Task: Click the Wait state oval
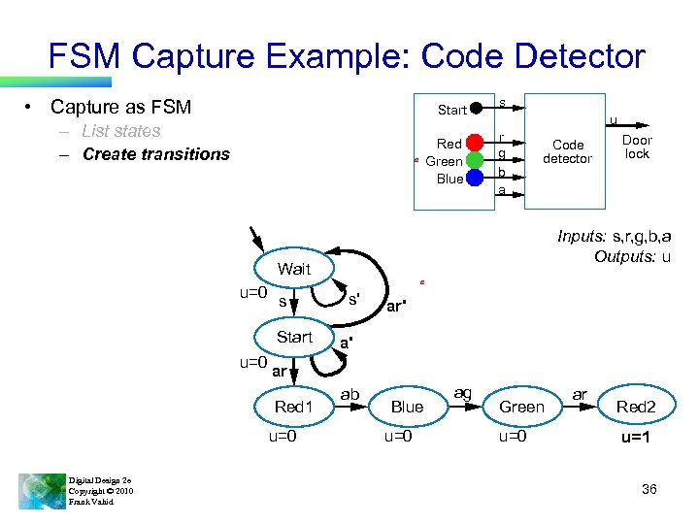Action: pos(293,269)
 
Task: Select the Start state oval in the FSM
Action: pos(293,337)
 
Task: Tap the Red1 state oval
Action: pos(293,407)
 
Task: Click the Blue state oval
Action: pos(407,407)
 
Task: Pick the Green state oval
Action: pos(521,407)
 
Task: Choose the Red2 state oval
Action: pos(636,407)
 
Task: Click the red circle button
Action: pos(475,143)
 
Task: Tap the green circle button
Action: pos(475,160)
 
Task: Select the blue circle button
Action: pos(475,178)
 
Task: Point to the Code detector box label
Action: pos(567,152)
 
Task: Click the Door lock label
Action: pos(637,147)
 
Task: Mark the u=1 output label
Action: pos(636,438)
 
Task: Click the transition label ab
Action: pos(350,394)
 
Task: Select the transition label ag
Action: pos(463,392)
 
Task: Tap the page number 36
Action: pos(649,489)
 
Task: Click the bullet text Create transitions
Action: pos(156,154)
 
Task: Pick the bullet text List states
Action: pos(121,131)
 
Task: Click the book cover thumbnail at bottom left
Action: pos(42,489)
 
